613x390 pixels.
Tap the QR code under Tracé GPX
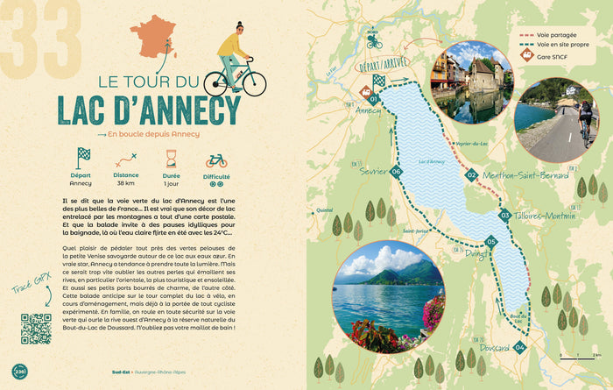(35, 328)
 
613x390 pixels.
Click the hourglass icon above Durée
(171, 160)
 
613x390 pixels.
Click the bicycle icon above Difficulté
(215, 161)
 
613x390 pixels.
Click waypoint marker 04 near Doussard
(520, 348)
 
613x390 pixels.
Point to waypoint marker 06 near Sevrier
(397, 172)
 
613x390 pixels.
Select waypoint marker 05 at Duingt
(491, 242)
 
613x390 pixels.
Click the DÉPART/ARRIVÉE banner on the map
(382, 66)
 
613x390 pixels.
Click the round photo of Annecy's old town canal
(469, 82)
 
